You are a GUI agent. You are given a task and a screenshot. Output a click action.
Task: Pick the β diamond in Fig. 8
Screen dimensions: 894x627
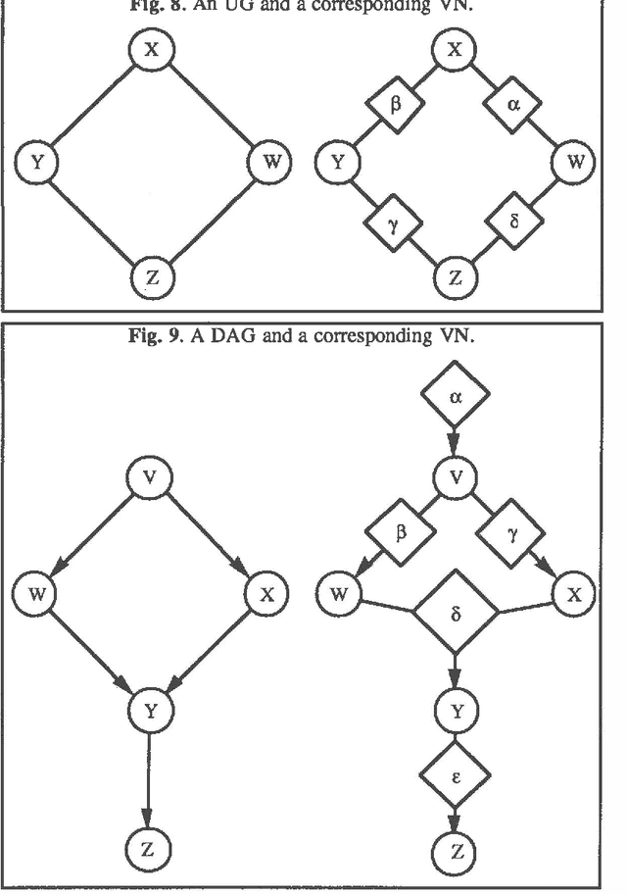(x=394, y=104)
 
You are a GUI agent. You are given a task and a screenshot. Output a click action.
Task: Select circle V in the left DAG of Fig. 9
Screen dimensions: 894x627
(x=150, y=477)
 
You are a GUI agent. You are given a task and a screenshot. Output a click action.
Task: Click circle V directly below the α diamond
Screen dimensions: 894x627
(x=456, y=477)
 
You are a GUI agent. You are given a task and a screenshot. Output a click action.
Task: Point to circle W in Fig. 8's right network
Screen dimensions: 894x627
(x=573, y=163)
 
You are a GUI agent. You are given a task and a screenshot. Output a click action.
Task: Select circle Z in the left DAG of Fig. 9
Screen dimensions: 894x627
(x=149, y=850)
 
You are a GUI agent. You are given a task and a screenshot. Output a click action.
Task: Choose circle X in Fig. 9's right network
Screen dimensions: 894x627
(x=573, y=594)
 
